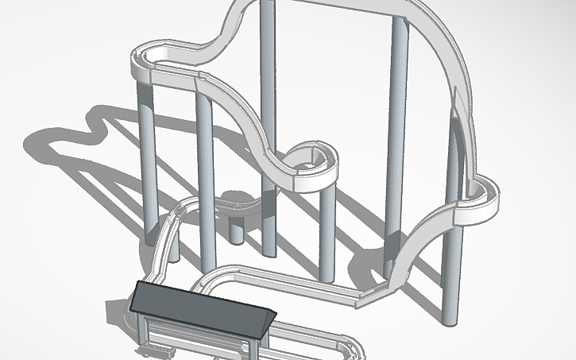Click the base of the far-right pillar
click(450, 318)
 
